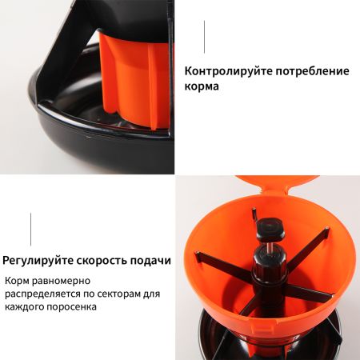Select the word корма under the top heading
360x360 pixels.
pos(201,86)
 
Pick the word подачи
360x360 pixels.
pos(153,260)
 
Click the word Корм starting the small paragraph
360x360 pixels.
pos(19,282)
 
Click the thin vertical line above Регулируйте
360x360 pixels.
pos(31,229)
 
